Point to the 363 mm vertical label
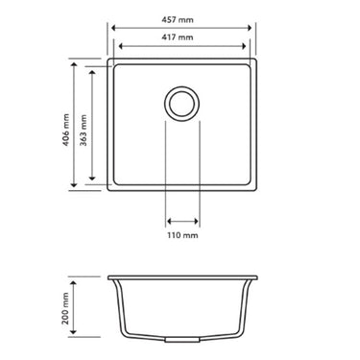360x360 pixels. pos(85,124)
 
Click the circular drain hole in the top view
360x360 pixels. pos(182,103)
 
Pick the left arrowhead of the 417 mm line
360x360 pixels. pos(116,46)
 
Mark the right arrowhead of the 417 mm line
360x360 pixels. pos(249,46)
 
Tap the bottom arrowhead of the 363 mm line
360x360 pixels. pos(93,179)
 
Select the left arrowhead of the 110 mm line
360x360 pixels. pos(168,217)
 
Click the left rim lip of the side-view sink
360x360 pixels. pos(111,279)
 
